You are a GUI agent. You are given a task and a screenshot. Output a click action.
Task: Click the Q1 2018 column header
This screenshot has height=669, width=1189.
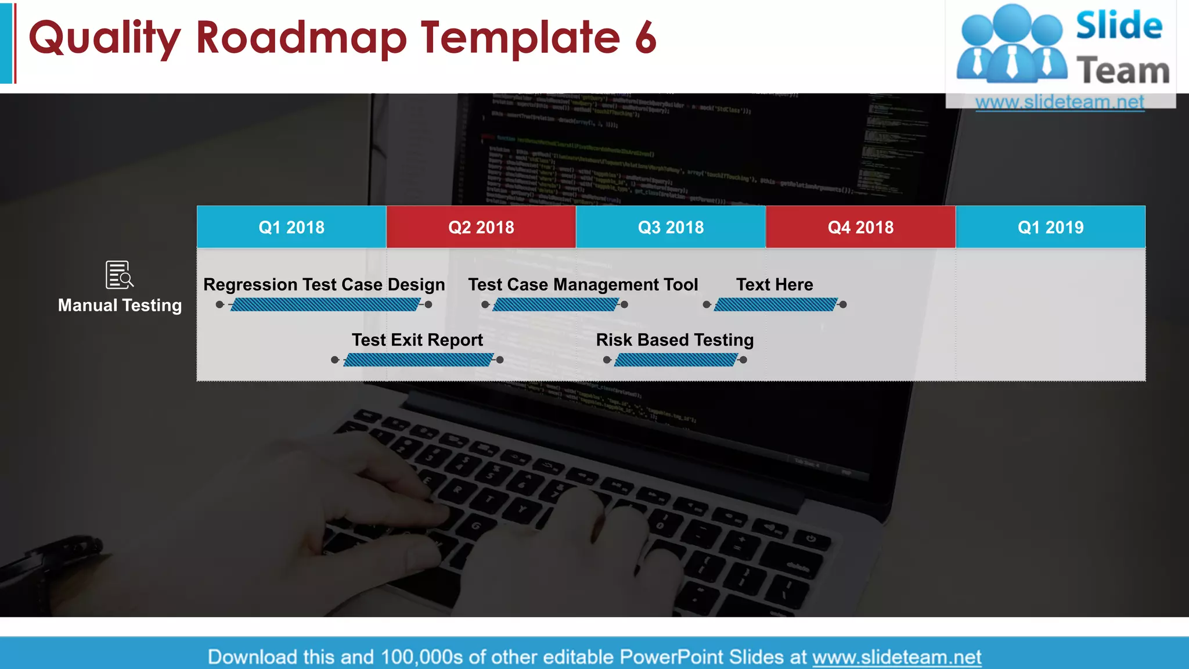291,227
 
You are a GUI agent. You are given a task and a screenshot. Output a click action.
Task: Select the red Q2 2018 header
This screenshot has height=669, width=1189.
481,227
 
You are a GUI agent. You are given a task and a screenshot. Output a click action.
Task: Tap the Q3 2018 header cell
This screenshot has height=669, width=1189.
671,227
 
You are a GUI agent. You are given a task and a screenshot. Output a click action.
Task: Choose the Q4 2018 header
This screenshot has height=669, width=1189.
860,227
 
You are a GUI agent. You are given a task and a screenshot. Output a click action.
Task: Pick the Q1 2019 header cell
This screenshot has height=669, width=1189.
1050,227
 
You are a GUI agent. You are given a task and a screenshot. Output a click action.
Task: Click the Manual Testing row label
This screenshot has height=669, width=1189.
120,305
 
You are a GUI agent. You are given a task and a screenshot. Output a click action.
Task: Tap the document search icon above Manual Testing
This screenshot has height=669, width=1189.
119,275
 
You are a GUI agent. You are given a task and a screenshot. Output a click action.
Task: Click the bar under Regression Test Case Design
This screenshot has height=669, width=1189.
325,305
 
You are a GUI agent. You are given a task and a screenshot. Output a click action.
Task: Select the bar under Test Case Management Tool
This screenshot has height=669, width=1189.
556,305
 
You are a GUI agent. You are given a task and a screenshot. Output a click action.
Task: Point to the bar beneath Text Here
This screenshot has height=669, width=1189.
776,305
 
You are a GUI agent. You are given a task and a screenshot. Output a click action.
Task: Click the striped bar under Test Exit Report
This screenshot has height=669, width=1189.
418,360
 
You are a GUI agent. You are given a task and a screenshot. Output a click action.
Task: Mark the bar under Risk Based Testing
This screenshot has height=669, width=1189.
676,360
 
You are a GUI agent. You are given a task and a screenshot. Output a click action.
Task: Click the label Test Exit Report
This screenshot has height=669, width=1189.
417,340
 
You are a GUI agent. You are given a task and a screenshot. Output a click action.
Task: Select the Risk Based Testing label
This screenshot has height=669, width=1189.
675,340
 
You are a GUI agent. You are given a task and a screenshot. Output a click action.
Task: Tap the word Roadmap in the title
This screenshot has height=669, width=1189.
301,38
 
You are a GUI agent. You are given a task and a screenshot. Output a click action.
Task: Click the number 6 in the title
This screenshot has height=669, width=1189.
645,38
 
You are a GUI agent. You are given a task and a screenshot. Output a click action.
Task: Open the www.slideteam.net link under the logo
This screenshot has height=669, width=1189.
1060,102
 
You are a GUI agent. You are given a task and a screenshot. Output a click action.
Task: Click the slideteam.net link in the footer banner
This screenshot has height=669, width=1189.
896,657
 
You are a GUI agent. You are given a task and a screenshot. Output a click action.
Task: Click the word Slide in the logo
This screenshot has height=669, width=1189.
1119,26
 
